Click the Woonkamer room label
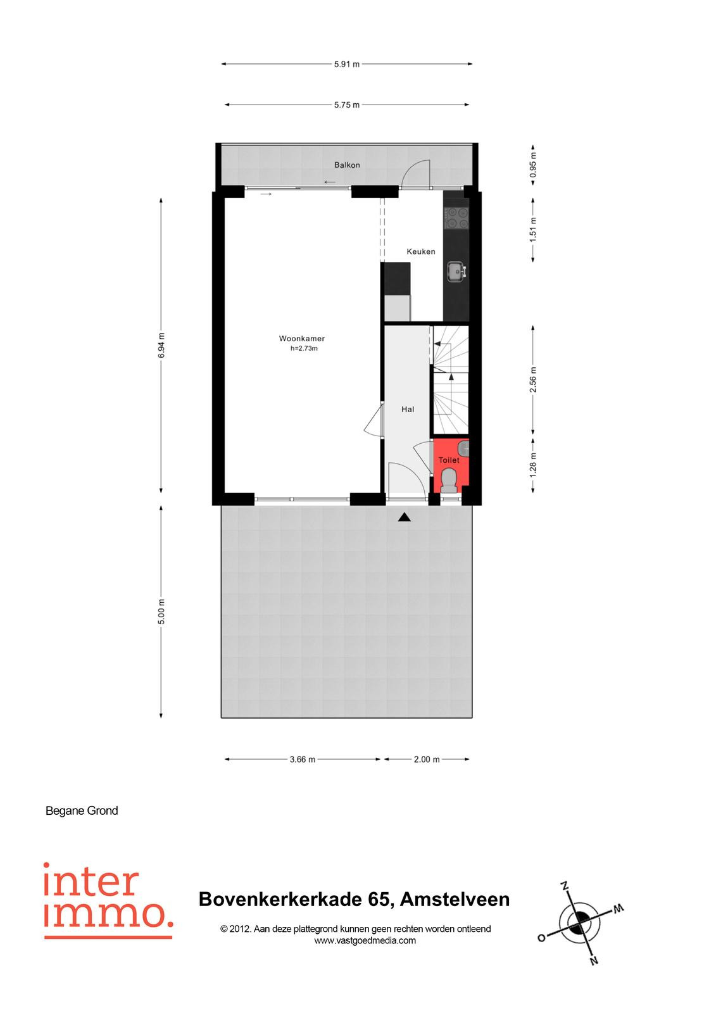click(302, 338)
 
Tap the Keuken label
click(420, 251)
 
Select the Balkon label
click(347, 165)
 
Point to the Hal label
click(408, 409)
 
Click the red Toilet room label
click(449, 460)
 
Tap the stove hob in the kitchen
click(456, 218)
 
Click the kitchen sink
click(457, 272)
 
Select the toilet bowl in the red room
click(449, 481)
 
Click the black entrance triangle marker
click(405, 517)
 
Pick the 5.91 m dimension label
click(347, 64)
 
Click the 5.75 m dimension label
click(347, 105)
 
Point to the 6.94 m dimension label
click(161, 346)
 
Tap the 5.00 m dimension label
click(161, 612)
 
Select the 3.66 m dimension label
click(303, 759)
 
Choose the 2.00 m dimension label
click(427, 759)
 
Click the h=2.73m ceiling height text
click(304, 348)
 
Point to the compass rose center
click(581, 917)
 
